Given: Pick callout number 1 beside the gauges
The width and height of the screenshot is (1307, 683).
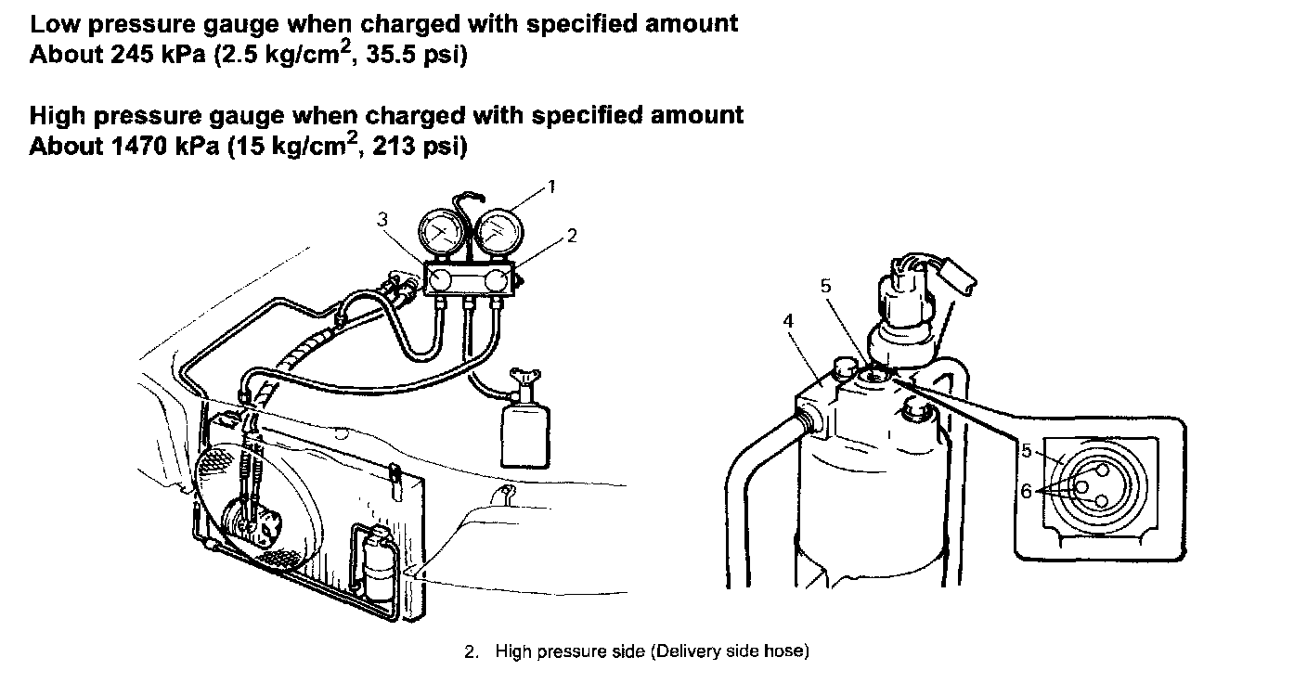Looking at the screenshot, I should click(x=550, y=187).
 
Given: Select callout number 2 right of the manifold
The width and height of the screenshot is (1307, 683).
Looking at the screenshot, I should click(x=572, y=236).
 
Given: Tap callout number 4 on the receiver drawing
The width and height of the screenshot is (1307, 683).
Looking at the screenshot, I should click(x=788, y=320).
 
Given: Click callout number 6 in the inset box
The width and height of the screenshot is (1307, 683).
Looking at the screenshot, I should click(x=1027, y=492).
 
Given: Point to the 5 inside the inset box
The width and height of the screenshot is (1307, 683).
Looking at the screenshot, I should click(x=1027, y=451).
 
